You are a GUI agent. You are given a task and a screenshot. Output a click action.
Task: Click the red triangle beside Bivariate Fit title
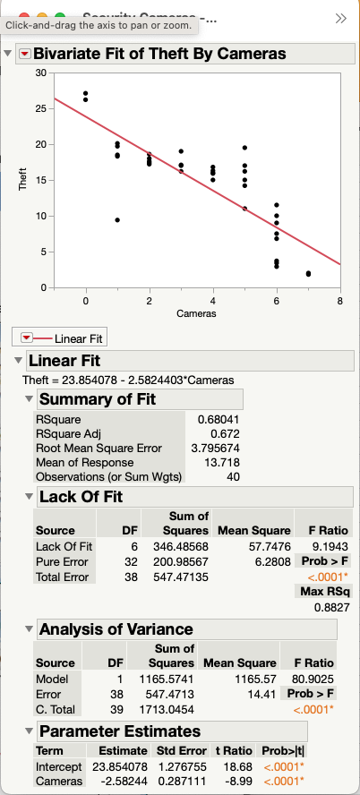(24, 54)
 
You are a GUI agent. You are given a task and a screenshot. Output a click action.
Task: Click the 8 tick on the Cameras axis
(340, 302)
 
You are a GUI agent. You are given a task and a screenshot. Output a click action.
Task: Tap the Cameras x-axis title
(213, 315)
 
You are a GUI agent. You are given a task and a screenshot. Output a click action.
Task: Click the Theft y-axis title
(23, 181)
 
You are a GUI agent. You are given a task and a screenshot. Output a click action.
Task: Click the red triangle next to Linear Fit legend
(26, 338)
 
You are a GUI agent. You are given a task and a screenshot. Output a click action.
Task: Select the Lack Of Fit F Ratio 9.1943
(329, 545)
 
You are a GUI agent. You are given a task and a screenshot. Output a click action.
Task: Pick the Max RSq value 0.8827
(331, 607)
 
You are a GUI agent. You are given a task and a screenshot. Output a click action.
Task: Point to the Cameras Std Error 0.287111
(182, 781)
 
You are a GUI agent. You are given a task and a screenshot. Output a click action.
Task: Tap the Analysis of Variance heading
(116, 628)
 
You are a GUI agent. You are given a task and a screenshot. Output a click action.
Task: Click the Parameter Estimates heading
(119, 731)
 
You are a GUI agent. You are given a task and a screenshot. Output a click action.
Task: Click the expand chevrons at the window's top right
(340, 18)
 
